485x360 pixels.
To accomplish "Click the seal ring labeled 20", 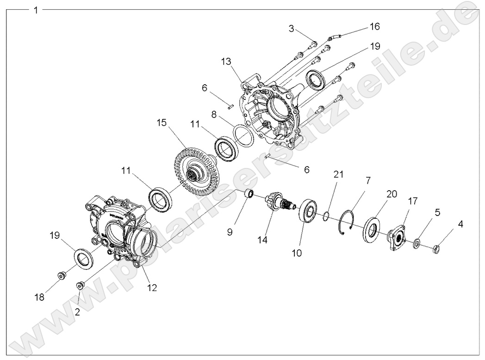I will click(372, 228).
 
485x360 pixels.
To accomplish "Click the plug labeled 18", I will click(61, 276).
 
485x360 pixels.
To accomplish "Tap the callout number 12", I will click(152, 287).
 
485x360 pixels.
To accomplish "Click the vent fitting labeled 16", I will click(335, 35).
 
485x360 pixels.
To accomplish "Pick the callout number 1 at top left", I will click(36, 10).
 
